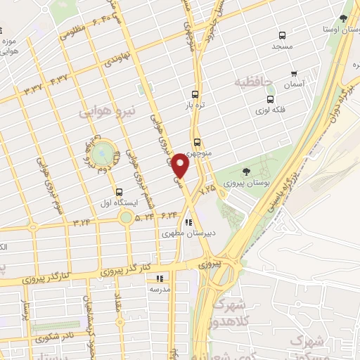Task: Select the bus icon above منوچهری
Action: [197, 140]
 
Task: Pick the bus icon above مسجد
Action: [282, 35]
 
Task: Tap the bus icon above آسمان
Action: [293, 73]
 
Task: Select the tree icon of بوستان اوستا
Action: [343, 18]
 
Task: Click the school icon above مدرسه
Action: [159, 278]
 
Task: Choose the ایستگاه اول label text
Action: [117, 202]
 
